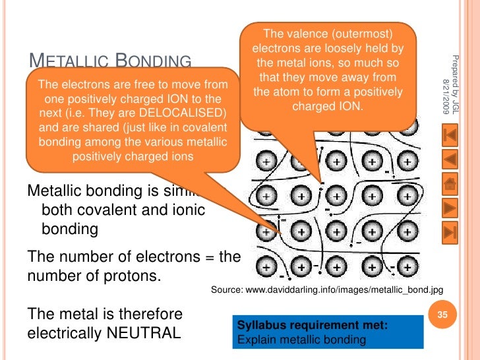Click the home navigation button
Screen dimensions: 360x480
[451, 184]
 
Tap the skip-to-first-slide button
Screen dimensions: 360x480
[451, 135]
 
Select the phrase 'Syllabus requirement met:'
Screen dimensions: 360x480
[303, 326]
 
